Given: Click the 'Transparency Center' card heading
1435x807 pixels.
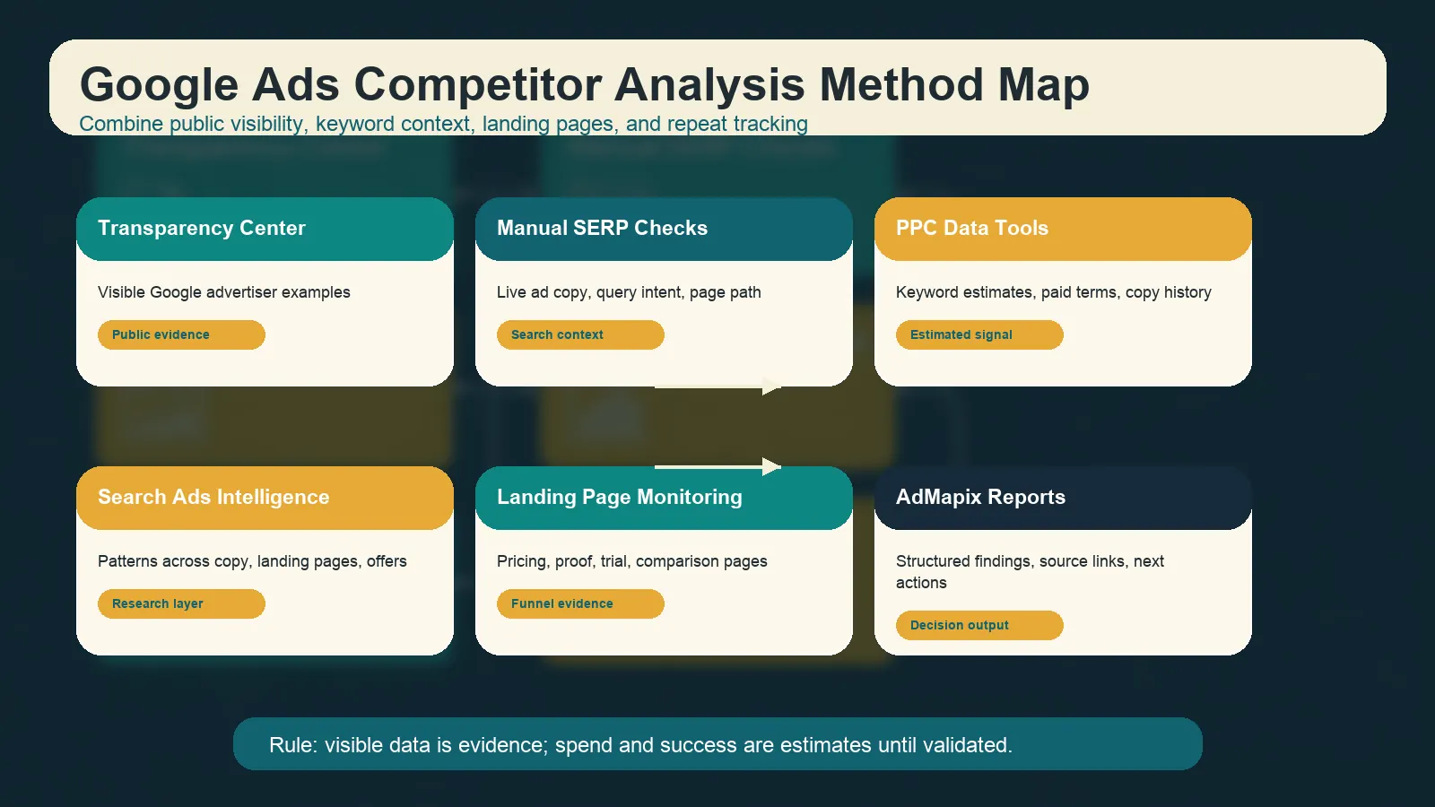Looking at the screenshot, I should point(202,229).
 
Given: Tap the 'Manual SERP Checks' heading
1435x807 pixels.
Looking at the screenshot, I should point(602,229).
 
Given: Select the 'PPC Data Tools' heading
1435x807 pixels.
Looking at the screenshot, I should point(971,229).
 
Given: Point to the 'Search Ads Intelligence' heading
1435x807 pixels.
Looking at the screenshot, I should point(213,498).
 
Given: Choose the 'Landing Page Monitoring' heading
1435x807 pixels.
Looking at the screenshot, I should point(619,498).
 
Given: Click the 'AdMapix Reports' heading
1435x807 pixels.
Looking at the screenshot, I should point(980,498).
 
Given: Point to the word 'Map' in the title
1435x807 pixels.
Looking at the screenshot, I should point(1043,85).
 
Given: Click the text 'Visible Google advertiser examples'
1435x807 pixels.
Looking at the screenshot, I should point(223,292).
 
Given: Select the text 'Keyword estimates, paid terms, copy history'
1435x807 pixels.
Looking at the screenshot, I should point(1053,292).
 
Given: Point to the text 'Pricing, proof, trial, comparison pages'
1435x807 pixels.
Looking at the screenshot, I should point(631,561).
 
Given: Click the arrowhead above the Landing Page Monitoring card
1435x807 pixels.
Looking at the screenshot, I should point(770,466).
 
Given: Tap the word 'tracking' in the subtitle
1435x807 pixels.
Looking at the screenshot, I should point(770,124).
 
